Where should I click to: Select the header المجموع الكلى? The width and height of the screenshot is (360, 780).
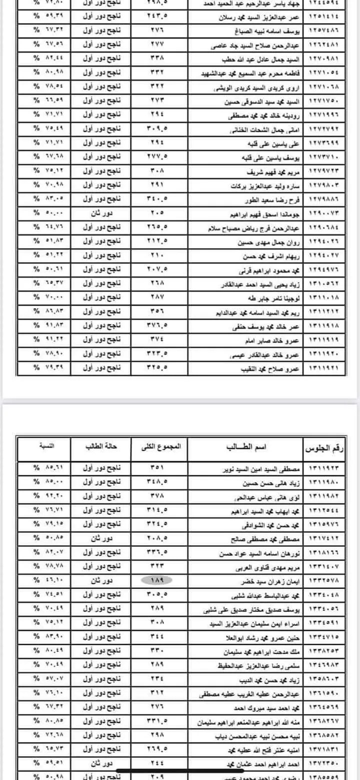pos(159,445)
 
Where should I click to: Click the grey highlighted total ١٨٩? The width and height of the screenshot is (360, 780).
pos(153,580)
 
